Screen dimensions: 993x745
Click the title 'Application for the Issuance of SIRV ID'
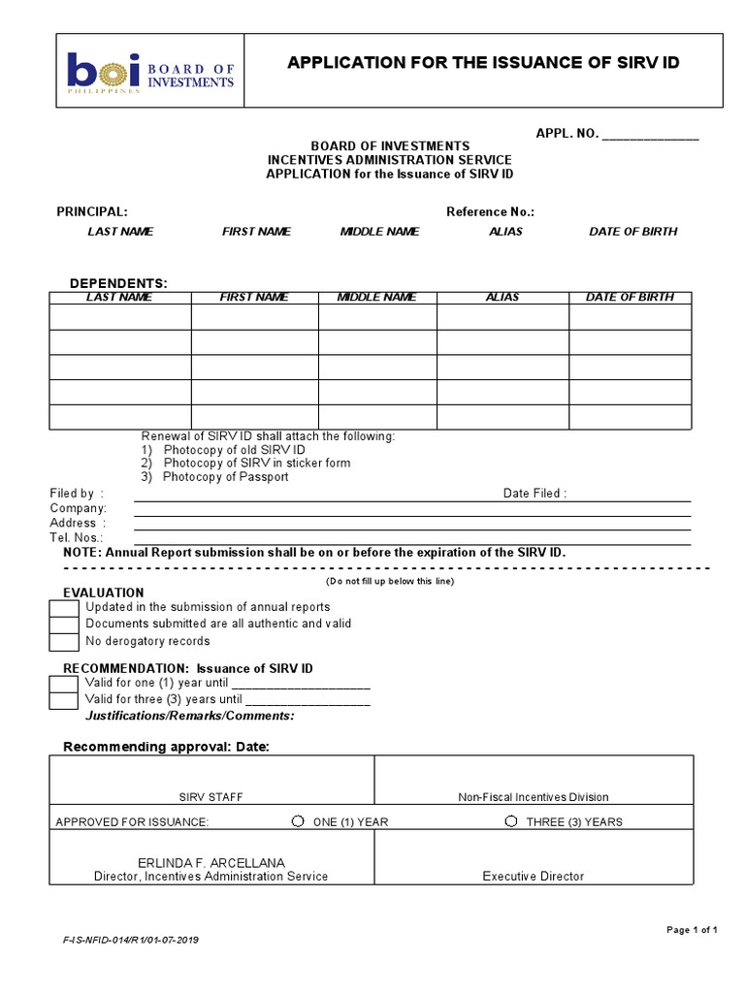coord(483,63)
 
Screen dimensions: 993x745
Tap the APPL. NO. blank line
coord(650,135)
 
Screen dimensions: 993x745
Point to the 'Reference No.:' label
coord(490,211)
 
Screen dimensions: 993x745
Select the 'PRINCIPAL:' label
coord(91,211)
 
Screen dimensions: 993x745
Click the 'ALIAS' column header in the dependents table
coord(502,298)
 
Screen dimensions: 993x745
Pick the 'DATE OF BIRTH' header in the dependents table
coord(630,298)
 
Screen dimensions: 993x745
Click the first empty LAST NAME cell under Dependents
coord(120,317)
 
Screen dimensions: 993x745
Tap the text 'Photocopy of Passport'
coord(225,477)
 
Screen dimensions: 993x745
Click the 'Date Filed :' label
coord(534,494)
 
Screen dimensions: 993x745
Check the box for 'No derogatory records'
coord(64,641)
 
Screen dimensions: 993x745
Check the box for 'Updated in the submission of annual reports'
coord(64,608)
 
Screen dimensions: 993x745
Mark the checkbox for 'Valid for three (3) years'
coord(64,699)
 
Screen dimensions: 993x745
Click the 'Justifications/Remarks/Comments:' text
coord(190,716)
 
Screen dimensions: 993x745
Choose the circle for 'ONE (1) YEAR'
coord(298,821)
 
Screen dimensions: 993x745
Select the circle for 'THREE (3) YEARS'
coord(511,821)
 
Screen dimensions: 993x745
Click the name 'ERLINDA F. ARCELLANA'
coord(211,862)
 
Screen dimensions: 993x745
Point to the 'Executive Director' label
coord(534,876)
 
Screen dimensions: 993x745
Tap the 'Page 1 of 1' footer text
coord(692,930)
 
